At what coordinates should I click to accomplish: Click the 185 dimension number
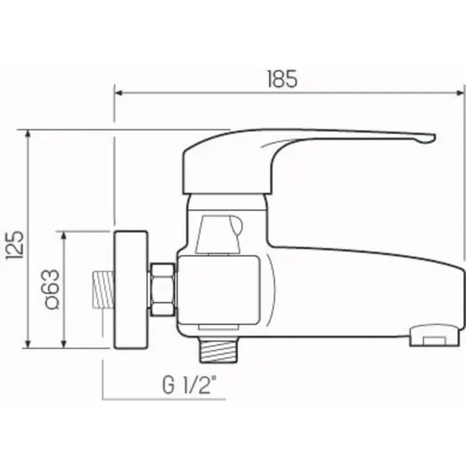click(282, 79)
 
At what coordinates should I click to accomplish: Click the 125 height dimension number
click(15, 245)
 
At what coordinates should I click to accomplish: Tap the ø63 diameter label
click(52, 289)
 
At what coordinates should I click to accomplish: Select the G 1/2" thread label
click(189, 384)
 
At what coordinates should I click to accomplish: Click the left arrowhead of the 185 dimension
click(119, 93)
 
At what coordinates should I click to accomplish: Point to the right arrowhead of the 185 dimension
click(459, 93)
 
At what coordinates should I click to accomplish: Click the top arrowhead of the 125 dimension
click(28, 134)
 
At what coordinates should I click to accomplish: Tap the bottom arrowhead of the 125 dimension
click(28, 343)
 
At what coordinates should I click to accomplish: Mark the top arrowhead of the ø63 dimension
click(64, 235)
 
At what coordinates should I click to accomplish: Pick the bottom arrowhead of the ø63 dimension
click(64, 344)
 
